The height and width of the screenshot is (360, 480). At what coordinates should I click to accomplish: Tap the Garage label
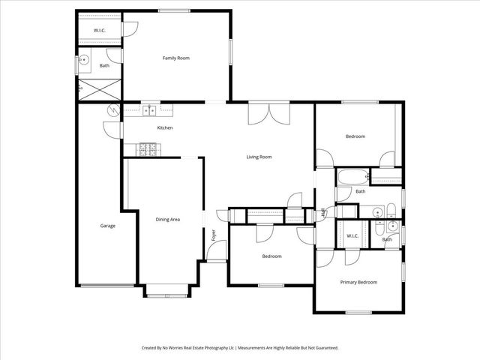(x=108, y=225)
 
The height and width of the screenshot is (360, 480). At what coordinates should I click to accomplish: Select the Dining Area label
(x=167, y=219)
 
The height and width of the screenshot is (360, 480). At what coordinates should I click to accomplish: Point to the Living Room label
(x=259, y=157)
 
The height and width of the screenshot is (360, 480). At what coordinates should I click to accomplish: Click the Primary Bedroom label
(x=358, y=282)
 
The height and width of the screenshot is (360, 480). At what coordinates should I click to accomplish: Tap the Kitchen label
(x=165, y=127)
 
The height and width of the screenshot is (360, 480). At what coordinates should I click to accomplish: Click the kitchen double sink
(x=151, y=110)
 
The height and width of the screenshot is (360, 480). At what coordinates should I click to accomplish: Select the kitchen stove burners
(x=146, y=149)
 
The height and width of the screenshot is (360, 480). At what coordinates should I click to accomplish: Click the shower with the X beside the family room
(x=99, y=89)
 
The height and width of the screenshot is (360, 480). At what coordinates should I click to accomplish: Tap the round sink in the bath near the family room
(x=85, y=60)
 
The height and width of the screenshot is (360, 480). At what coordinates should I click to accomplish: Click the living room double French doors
(x=268, y=115)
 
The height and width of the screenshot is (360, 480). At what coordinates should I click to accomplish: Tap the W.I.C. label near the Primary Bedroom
(x=352, y=236)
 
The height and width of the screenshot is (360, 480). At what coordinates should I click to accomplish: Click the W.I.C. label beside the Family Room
(x=100, y=30)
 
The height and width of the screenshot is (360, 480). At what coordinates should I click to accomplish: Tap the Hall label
(x=322, y=213)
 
